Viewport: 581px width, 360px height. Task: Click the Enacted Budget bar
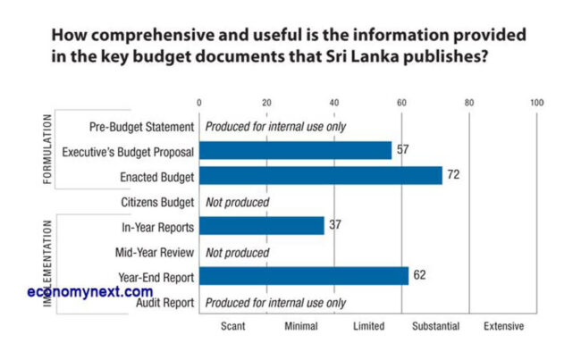coord(320,175)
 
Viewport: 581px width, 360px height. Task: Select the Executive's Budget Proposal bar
coord(295,150)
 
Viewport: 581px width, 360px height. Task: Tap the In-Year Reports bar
coord(261,226)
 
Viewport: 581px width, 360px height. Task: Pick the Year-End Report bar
coord(303,276)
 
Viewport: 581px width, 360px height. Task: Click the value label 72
coord(453,175)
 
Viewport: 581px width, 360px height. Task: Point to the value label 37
coord(334,226)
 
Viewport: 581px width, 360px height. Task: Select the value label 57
coord(402,149)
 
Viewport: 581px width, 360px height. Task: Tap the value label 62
coord(419,276)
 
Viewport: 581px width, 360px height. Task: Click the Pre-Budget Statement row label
coord(142,126)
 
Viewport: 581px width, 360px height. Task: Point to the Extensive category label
coord(503,327)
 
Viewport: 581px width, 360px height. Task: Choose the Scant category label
coord(232,327)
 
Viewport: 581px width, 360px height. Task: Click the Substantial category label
coord(435,327)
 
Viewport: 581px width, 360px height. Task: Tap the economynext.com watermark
coord(90,292)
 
